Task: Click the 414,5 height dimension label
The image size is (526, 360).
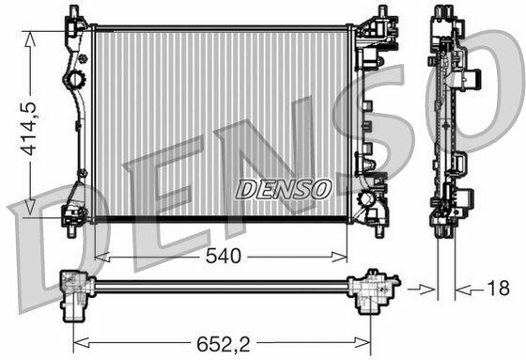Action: tap(29, 128)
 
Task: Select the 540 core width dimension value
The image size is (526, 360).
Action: tap(224, 257)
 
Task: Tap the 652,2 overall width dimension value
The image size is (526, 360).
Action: tap(224, 343)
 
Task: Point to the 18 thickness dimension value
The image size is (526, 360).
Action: tap(498, 289)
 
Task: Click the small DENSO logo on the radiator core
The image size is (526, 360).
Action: tap(284, 189)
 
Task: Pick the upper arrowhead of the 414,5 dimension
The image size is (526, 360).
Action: tap(30, 39)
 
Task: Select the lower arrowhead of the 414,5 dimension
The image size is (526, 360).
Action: tap(30, 207)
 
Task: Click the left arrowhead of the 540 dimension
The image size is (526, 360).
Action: tap(102, 258)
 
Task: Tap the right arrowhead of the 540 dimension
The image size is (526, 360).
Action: tap(339, 258)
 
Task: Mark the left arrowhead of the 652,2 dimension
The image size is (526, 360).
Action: tap(81, 343)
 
